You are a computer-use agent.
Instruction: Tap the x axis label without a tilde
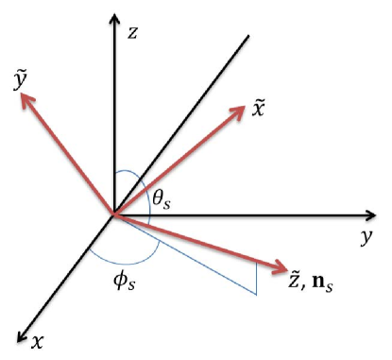pyautogui.click(x=37, y=337)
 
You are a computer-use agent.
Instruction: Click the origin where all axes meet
pyautogui.click(x=114, y=214)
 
